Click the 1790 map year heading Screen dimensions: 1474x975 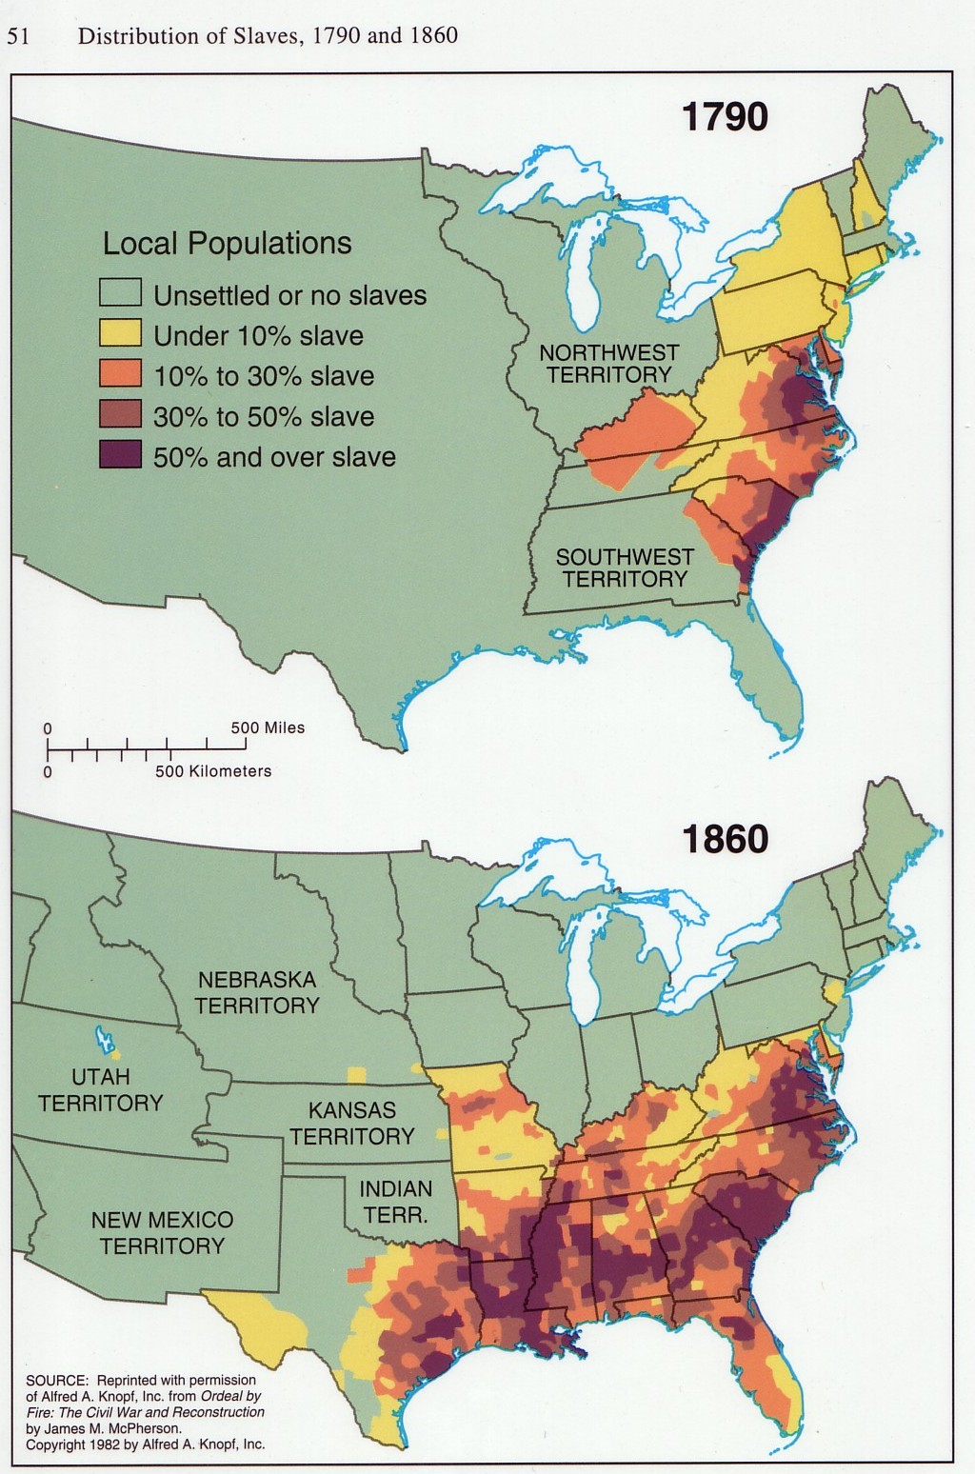point(725,117)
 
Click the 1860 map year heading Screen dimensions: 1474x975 point(725,839)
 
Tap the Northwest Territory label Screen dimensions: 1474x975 point(608,364)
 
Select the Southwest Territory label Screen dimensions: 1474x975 point(625,568)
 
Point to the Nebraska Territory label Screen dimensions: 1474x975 point(257,992)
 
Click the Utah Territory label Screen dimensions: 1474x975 point(100,1089)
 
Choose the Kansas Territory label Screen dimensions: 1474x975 point(352,1123)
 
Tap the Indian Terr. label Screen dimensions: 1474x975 point(395,1202)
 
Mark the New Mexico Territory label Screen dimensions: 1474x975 point(162,1232)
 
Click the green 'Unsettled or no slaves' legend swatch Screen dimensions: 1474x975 point(120,293)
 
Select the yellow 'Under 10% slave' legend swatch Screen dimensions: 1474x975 point(120,334)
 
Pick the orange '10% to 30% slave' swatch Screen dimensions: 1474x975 point(120,374)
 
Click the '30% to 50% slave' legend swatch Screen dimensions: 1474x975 point(120,415)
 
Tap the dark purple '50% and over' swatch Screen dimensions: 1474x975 point(120,455)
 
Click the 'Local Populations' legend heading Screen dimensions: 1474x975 point(227,244)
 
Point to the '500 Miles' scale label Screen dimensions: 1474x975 point(268,727)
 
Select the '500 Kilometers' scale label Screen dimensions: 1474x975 point(213,771)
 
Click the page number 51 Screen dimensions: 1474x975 point(18,36)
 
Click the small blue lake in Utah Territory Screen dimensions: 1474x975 point(101,1036)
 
